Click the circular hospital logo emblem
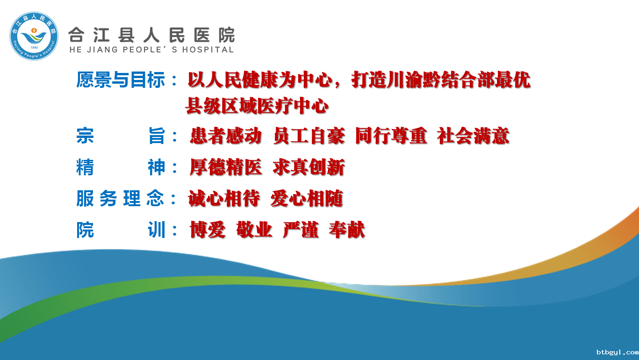coord(34,36)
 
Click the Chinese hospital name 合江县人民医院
coord(151,35)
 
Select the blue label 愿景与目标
coord(121,80)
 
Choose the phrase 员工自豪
coord(309,136)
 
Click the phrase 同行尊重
coord(391,136)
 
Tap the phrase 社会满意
coord(473,136)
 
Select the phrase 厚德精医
coord(226,167)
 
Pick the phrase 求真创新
coord(309,167)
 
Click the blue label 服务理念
coord(120,199)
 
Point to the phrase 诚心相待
coord(224,199)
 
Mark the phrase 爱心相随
coord(307,199)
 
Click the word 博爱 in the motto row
coord(208,230)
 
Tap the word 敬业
coord(254,230)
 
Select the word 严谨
coord(301,230)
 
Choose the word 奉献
coord(347,230)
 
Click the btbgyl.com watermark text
coord(617,353)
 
